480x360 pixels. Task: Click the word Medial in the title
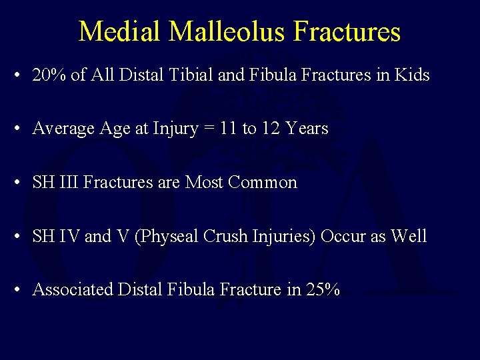pyautogui.click(x=117, y=31)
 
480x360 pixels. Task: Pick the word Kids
pyautogui.click(x=411, y=75)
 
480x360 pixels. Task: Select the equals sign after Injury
pyautogui.click(x=208, y=129)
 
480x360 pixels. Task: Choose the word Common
pyautogui.click(x=262, y=182)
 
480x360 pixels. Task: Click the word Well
pyautogui.click(x=409, y=236)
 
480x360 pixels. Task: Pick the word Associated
pyautogui.click(x=73, y=289)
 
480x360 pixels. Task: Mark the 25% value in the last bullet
pyautogui.click(x=323, y=289)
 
